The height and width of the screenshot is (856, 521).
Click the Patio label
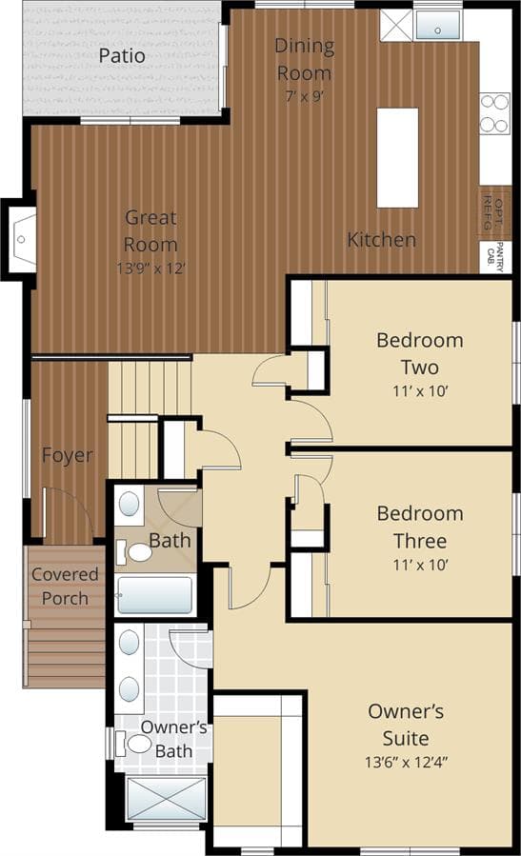(122, 55)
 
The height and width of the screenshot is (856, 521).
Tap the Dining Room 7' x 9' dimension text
(305, 96)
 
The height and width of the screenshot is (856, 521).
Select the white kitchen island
(397, 158)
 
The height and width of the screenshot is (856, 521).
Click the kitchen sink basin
(437, 25)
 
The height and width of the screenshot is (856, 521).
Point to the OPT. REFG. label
(492, 213)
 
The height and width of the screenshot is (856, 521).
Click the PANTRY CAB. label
(495, 256)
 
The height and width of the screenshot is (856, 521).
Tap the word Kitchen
(382, 240)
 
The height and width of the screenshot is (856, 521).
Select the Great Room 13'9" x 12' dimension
(151, 269)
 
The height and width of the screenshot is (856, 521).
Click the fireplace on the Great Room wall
(19, 240)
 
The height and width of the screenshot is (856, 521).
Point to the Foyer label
(68, 455)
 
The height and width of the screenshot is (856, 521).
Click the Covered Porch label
(65, 587)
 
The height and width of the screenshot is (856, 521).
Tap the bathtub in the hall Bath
(154, 595)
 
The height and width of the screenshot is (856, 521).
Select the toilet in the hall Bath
(133, 552)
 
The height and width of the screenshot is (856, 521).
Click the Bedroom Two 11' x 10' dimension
(420, 391)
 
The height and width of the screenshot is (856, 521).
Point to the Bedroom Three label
(420, 527)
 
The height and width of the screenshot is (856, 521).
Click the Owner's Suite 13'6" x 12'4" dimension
(406, 762)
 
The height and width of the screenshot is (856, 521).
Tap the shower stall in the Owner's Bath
(167, 799)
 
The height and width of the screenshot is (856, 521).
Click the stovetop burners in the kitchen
(494, 113)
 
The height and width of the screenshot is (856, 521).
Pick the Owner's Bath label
(173, 739)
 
